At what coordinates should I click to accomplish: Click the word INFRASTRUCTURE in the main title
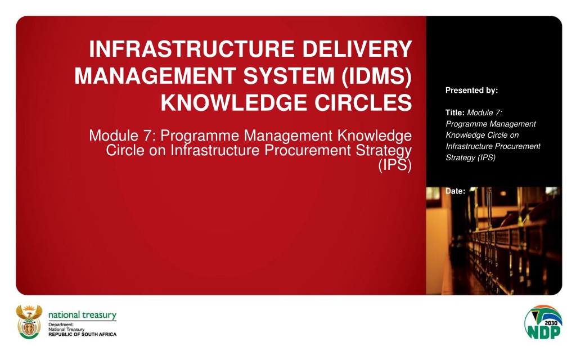192,49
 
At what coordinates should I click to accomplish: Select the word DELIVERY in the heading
357,49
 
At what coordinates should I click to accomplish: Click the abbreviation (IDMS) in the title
376,76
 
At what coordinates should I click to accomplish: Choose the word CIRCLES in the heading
363,102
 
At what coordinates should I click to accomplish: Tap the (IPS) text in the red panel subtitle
395,165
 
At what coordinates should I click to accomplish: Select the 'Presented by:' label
472,91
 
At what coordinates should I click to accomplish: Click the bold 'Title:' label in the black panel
455,112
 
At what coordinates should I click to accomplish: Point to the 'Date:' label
456,191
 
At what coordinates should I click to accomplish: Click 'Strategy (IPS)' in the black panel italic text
471,157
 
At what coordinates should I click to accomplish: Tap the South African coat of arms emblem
29,322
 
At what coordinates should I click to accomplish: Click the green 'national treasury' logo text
82,315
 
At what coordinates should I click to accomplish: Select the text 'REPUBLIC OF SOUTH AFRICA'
82,334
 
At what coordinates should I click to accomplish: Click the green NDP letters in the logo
544,332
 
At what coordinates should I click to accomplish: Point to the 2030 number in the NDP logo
551,323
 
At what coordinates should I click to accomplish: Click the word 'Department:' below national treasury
61,325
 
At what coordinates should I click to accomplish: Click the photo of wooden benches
494,241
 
